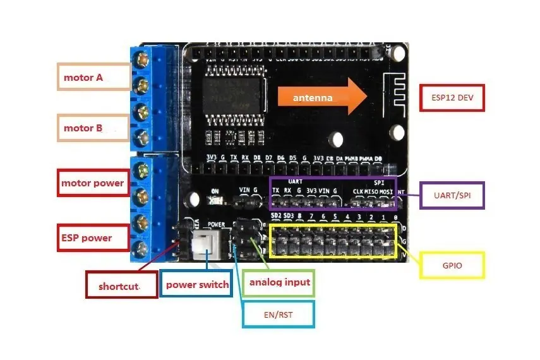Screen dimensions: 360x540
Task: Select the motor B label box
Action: coord(93,128)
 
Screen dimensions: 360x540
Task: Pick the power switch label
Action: coord(197,284)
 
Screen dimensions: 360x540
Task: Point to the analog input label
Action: coord(279,282)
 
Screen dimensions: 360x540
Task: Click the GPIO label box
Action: coord(452,265)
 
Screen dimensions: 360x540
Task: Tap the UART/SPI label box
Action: coord(452,196)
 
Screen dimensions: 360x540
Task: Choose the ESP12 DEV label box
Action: coord(452,98)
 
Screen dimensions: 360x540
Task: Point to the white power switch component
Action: coord(205,243)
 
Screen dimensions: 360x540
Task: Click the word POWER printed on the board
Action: coord(217,224)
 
